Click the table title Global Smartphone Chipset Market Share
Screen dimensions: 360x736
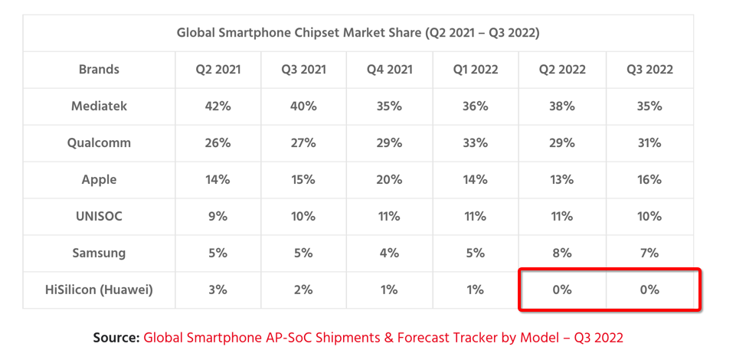click(358, 33)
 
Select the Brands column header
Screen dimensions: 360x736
click(100, 70)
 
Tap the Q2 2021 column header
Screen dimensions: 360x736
click(218, 70)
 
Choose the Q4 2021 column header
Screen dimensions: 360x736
click(390, 70)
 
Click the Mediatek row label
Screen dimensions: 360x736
click(100, 106)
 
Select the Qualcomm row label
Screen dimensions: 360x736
click(100, 143)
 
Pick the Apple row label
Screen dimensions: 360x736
click(100, 180)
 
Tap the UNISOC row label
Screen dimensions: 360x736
click(100, 217)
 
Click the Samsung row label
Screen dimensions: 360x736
click(100, 254)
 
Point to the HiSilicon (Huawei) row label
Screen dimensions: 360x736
click(100, 290)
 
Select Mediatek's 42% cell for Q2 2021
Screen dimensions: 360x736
click(218, 106)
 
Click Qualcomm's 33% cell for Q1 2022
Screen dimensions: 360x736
click(476, 143)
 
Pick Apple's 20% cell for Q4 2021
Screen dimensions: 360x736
click(390, 180)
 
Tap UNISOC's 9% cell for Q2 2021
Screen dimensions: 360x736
click(218, 217)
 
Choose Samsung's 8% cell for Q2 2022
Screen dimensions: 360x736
click(562, 254)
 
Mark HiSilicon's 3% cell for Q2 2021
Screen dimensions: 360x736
click(218, 290)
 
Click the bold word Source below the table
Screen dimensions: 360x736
click(116, 338)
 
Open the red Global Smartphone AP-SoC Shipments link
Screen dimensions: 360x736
click(383, 338)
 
